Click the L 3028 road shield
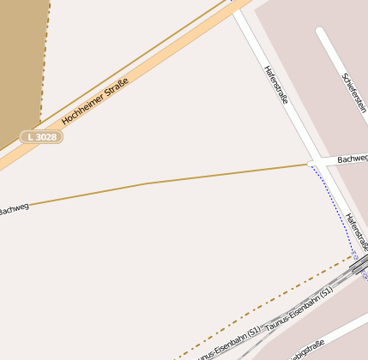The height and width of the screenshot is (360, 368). [x=42, y=136]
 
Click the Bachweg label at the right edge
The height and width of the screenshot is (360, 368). [x=352, y=159]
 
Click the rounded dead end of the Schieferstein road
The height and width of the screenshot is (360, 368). [x=320, y=33]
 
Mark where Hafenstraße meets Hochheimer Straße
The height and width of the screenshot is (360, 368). [x=238, y=9]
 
